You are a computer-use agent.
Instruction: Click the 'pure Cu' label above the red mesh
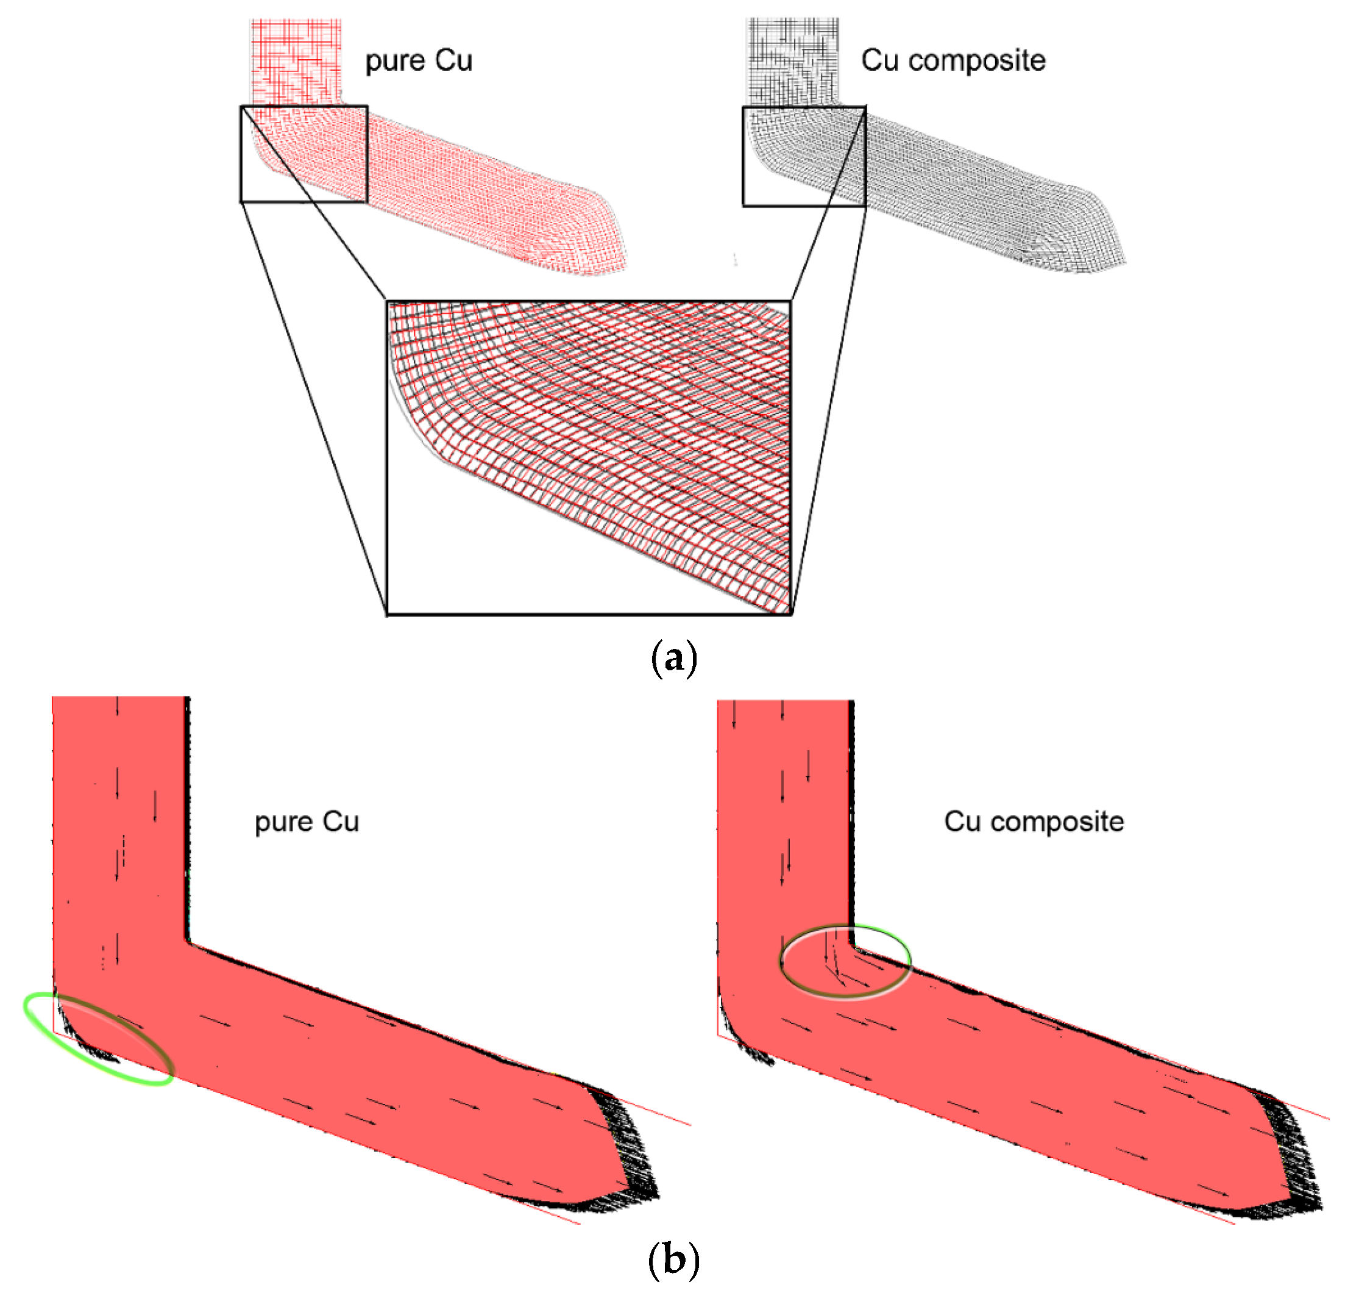pos(418,60)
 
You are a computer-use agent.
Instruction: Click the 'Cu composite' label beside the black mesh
pos(953,60)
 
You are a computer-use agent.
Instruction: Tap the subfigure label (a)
pos(673,658)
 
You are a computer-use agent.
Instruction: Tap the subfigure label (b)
pos(673,1259)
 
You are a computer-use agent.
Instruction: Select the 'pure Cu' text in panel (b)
pos(307,822)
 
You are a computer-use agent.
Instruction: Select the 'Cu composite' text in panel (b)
pos(1033,822)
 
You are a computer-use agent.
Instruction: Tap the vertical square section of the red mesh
pos(296,62)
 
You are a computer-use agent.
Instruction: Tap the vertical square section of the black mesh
pos(793,62)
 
